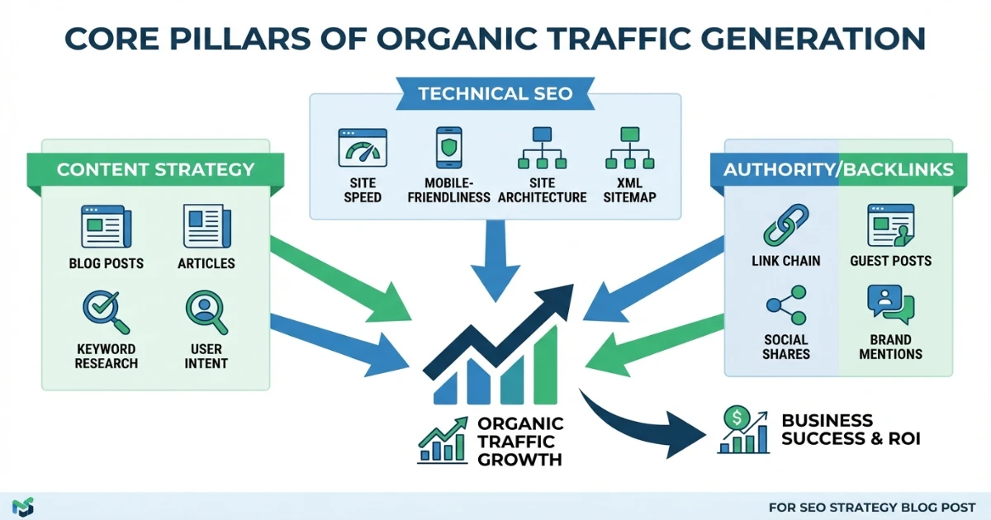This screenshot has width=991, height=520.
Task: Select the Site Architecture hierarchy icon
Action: tap(541, 149)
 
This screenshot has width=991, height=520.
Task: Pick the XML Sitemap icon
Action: tap(630, 149)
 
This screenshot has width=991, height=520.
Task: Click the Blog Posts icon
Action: tap(106, 227)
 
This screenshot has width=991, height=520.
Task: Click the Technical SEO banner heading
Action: tap(495, 93)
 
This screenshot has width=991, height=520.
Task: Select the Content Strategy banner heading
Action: tap(155, 170)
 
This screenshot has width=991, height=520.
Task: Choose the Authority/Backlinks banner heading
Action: tap(838, 170)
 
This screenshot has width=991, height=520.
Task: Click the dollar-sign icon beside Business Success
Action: tap(734, 418)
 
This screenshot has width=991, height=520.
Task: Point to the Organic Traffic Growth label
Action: tap(520, 441)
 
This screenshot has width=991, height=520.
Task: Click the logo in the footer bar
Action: tap(24, 506)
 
